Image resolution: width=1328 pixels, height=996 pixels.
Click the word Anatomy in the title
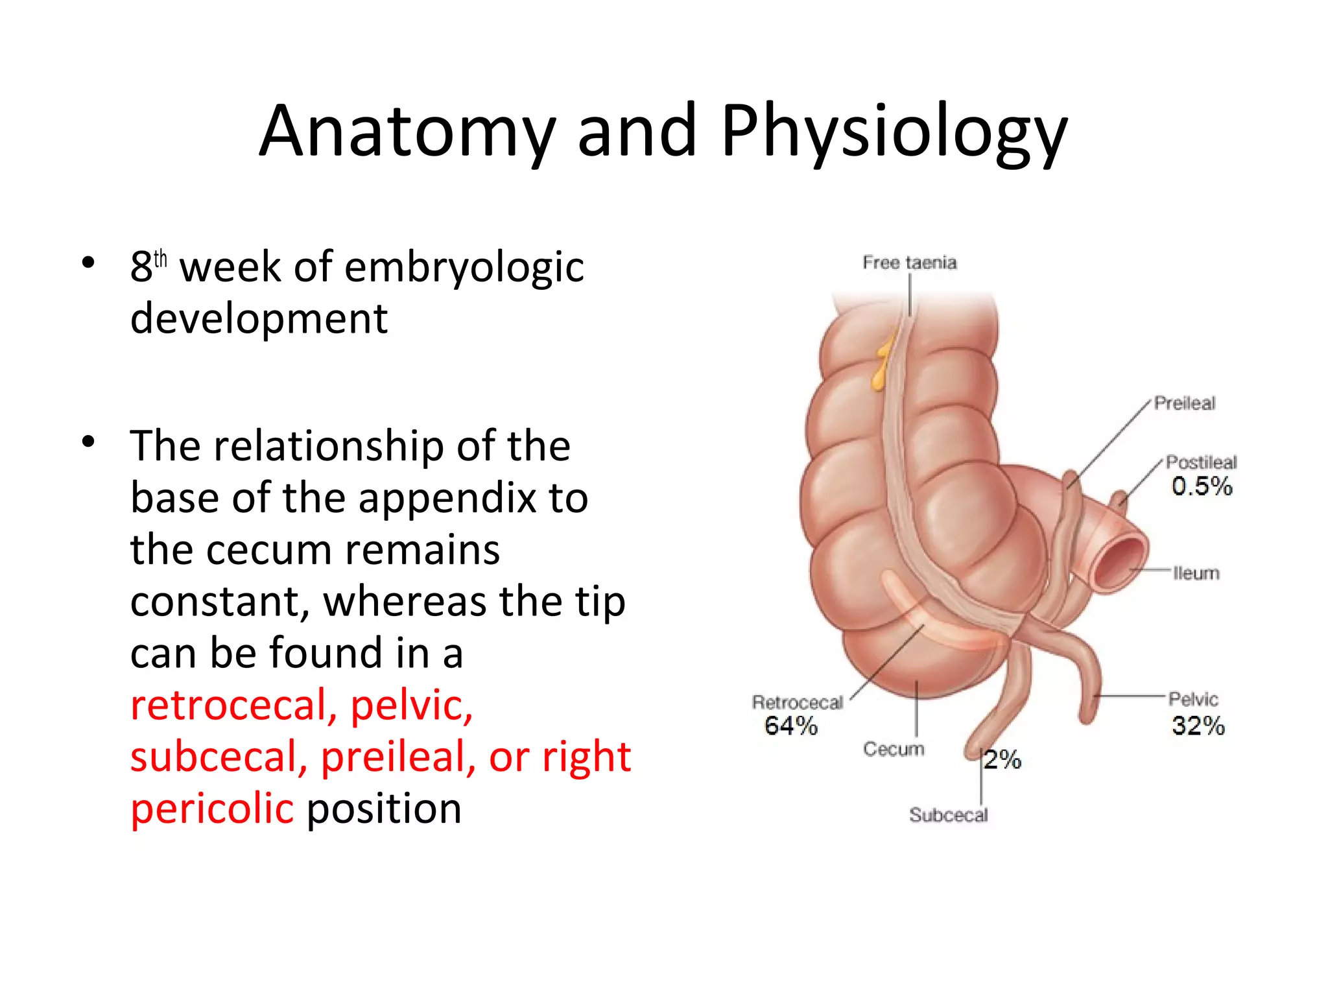pos(407,132)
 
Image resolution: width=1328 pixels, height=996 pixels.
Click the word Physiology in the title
pos(894,132)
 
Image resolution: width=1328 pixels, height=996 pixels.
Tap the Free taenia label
pos(909,263)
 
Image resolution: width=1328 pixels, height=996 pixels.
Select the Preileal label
pos(1184,403)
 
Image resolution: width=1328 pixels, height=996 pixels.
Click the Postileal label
pos(1201,462)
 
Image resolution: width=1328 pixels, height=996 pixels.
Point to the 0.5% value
pos(1201,486)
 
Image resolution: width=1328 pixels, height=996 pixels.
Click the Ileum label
pos(1196,573)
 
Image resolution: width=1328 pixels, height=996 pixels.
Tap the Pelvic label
pos(1193,699)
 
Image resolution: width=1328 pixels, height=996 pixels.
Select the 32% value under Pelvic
pos(1197,726)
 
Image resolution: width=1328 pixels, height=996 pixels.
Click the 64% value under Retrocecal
pos(790,726)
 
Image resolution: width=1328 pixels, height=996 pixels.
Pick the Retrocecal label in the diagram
pos(797,702)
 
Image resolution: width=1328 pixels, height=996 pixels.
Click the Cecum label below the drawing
pos(893,749)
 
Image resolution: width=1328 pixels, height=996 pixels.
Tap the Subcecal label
pos(948,815)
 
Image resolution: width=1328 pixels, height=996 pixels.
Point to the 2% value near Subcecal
pos(1002,759)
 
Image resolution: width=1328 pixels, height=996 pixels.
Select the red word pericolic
pos(212,809)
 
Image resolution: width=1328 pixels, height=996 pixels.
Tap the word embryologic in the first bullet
pos(464,267)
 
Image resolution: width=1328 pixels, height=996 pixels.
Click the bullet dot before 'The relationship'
pos(89,442)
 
